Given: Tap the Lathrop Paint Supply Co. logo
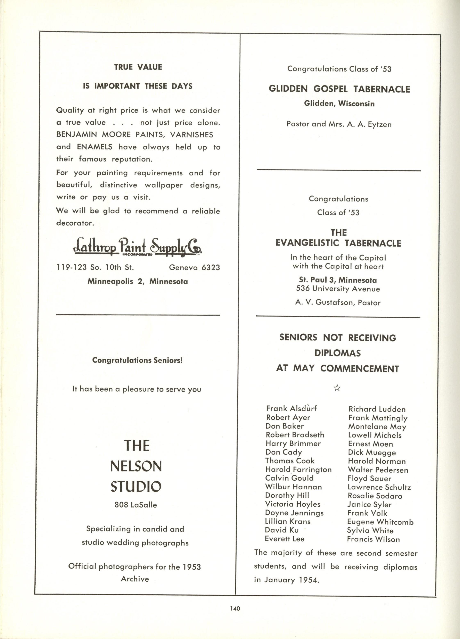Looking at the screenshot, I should (x=138, y=247).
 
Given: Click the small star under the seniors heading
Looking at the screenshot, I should (x=337, y=388).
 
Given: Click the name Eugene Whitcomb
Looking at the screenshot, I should (x=380, y=522).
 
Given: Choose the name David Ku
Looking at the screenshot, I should (x=282, y=530).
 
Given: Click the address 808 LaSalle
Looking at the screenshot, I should (x=135, y=505).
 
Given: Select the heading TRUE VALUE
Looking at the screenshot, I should (x=138, y=67).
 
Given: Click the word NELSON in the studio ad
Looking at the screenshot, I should (x=136, y=466).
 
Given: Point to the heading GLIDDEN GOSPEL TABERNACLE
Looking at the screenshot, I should (x=339, y=89).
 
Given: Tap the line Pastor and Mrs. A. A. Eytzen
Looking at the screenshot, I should (x=339, y=124).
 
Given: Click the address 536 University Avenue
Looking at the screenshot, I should (x=338, y=289).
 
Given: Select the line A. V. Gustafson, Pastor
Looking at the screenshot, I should (x=338, y=303).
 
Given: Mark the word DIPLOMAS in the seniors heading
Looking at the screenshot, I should (x=337, y=353).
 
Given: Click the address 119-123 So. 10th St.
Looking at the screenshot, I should (x=95, y=267).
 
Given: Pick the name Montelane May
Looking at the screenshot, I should (x=377, y=426).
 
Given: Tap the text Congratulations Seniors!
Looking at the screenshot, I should (x=137, y=360).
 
